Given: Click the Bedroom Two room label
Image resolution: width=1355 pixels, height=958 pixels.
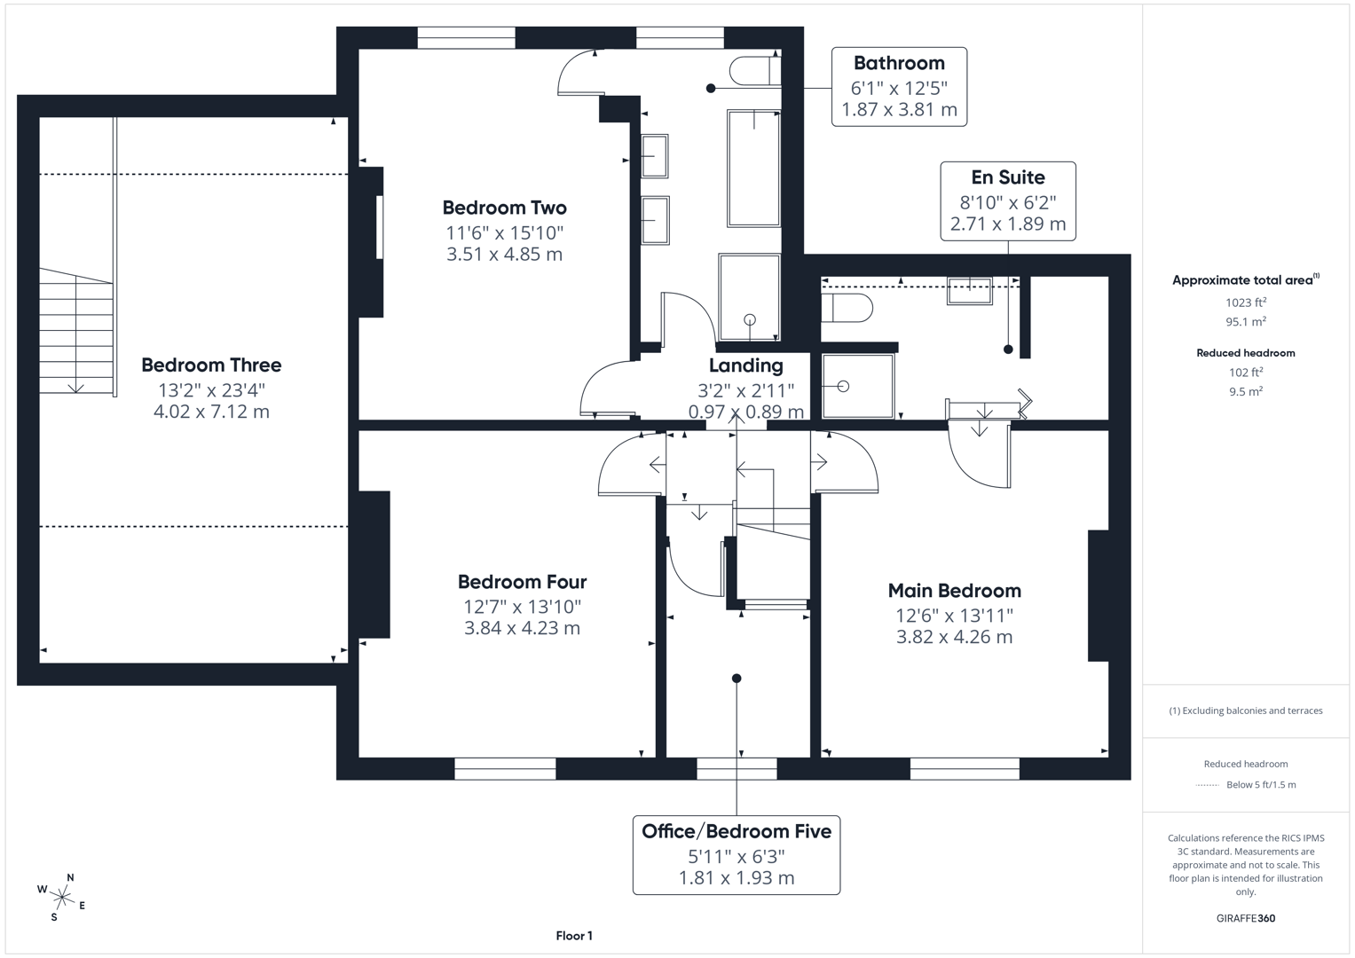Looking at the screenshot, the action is coord(505,208).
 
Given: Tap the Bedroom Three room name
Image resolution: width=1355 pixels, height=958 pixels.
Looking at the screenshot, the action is coord(211,365).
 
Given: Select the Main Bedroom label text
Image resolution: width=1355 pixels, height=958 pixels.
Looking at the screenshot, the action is coord(955,591).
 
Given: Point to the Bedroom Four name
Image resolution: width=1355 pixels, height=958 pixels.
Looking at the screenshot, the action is coord(522,582).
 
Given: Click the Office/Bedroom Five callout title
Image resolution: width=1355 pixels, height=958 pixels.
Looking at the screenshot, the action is coord(737,832).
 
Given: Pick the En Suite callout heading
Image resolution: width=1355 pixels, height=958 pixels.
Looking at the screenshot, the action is coord(1008,177).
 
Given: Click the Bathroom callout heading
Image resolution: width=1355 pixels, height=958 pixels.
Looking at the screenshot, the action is coord(899,63).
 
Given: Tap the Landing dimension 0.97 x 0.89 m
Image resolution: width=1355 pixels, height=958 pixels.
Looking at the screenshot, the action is coord(746,412).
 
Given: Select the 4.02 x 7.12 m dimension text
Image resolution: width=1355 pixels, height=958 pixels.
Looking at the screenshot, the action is coord(211,412).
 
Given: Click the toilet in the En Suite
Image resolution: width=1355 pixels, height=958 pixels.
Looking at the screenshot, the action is coord(847,308).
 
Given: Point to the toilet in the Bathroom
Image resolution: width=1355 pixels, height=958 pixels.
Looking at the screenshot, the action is coord(755,71).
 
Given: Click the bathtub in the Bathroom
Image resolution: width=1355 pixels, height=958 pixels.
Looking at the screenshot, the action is coord(753,169).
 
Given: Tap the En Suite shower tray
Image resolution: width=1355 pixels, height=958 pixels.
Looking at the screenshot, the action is coord(858,386).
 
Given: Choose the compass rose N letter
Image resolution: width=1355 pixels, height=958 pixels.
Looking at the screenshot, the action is coord(70,877).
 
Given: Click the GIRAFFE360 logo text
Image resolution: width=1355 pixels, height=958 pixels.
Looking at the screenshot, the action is coord(1246,918).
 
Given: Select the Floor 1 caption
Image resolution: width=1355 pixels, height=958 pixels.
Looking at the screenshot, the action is coord(574,936).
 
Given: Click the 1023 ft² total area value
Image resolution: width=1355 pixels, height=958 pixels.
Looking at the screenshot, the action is coord(1246,302).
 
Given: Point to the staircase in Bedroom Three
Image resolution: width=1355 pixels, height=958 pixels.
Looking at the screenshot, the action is coord(77,332).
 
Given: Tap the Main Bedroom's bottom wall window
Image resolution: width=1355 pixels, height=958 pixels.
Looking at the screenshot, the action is coord(965,768).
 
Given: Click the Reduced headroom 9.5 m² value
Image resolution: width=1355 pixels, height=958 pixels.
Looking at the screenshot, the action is coord(1246,391).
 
